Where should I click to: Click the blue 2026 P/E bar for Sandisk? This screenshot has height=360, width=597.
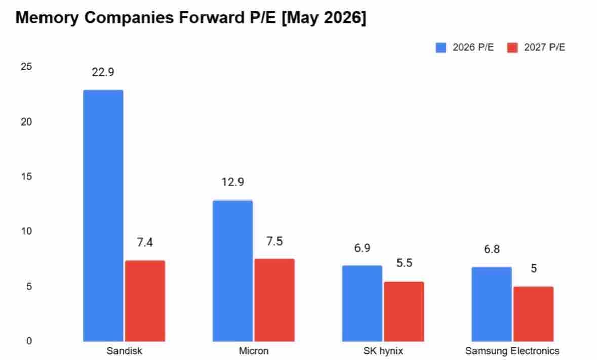(103, 215)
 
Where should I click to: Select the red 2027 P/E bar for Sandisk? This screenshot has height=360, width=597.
(145, 301)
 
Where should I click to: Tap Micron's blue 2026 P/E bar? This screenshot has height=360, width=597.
(232, 270)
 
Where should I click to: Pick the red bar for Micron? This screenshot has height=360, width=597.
(274, 300)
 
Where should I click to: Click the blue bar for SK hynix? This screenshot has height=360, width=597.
(362, 303)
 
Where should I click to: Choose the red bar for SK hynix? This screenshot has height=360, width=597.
(404, 311)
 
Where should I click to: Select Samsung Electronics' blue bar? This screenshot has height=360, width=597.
(492, 304)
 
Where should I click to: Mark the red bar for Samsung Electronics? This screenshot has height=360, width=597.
(533, 314)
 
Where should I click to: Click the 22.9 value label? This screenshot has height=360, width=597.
(103, 72)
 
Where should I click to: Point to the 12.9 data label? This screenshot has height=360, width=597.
(232, 182)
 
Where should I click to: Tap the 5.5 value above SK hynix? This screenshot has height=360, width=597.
(404, 263)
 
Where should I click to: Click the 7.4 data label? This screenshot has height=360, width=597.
(145, 243)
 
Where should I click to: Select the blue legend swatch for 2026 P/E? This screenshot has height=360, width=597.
(441, 48)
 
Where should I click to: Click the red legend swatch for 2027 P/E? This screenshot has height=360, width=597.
(512, 48)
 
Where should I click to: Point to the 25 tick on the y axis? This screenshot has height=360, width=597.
(26, 67)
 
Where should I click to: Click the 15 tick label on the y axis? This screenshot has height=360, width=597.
(26, 177)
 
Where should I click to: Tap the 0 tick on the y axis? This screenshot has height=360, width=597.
(29, 341)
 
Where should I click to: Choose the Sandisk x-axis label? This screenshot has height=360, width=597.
(124, 351)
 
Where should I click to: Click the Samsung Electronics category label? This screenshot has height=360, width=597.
(512, 351)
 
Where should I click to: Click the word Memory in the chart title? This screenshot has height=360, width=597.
(47, 18)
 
